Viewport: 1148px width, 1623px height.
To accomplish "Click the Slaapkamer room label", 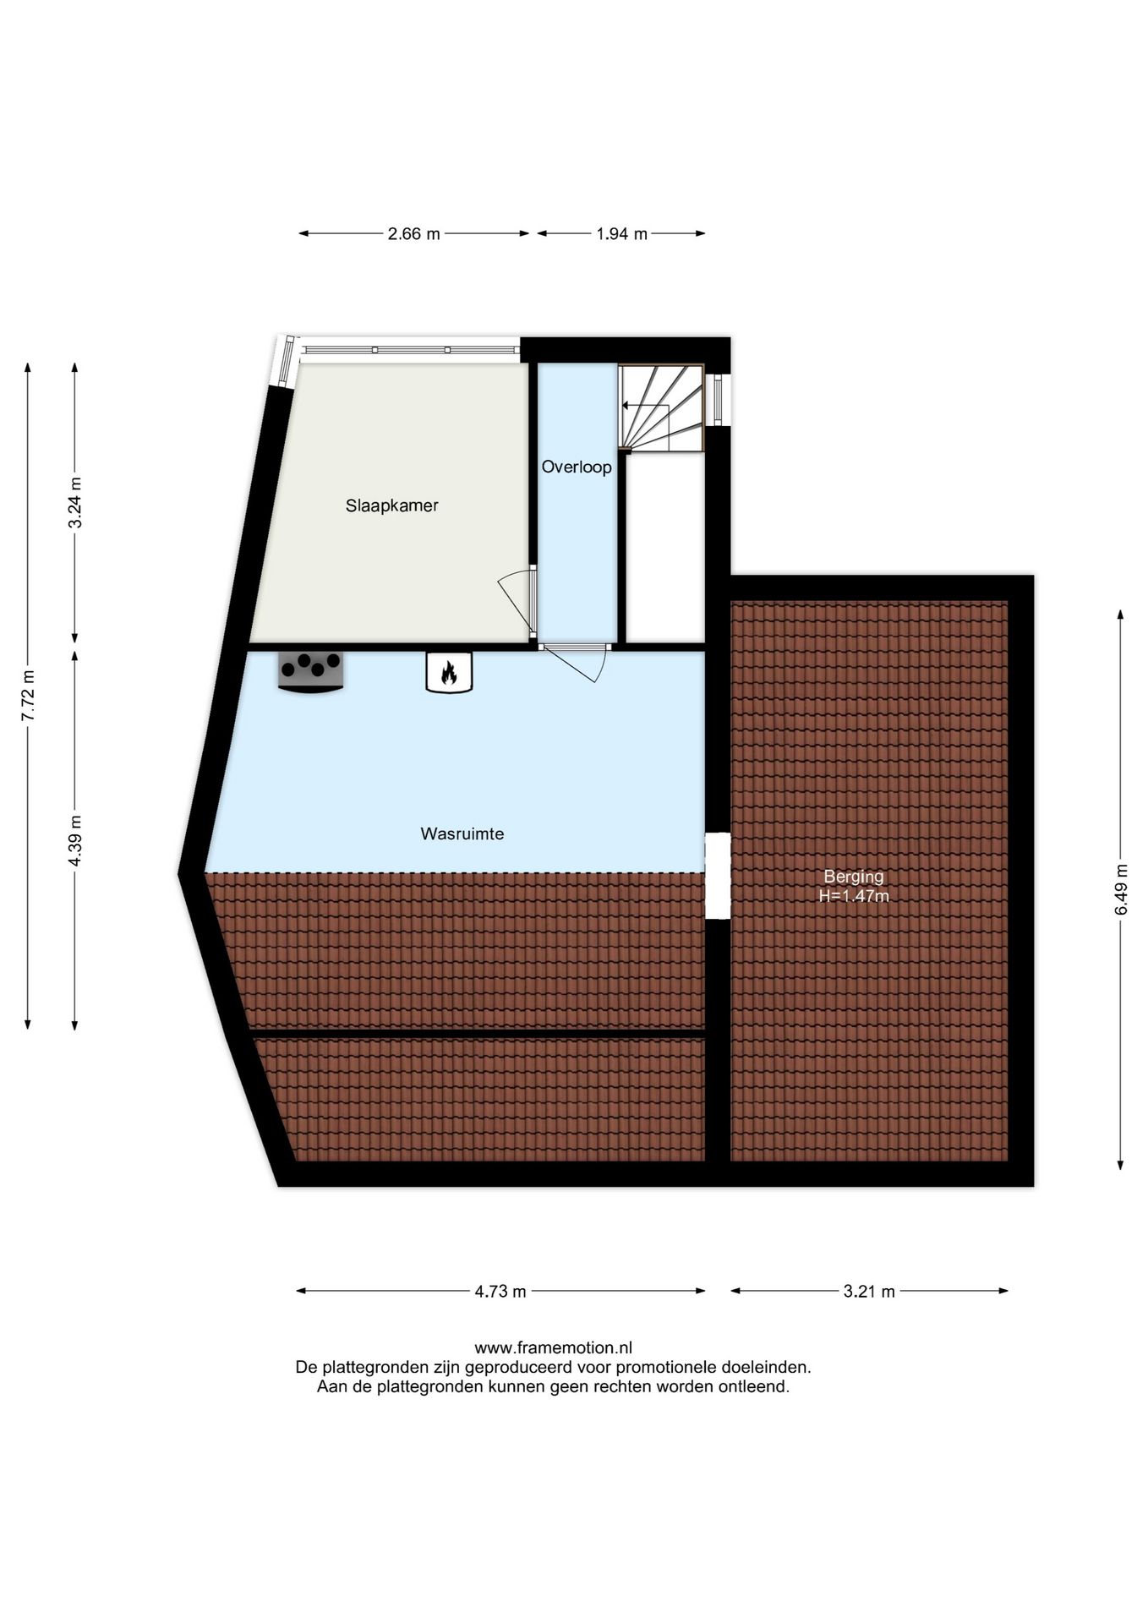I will pos(391,505).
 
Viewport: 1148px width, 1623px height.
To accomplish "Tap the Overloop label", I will pos(577,467).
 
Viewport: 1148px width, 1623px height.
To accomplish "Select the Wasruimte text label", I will pos(462,833).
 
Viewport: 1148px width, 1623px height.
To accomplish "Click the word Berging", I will pos(854,877).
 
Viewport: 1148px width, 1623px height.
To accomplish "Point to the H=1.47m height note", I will pos(854,896).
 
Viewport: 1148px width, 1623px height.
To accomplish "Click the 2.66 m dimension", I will pos(413,234).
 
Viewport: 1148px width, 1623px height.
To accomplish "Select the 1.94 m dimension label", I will pos(621,234).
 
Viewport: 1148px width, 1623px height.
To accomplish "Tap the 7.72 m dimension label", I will pos(28,696).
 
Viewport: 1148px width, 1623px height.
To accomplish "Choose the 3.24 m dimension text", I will pos(75,502).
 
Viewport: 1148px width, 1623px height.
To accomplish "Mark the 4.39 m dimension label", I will pos(75,840).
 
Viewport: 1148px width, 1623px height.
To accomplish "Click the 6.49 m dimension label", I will pos(1121,888).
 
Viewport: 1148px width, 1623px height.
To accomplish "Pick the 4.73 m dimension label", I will pos(500,1291).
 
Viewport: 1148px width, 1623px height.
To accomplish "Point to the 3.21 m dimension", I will pos(869,1291).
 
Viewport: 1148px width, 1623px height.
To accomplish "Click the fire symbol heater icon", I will pos(449,672).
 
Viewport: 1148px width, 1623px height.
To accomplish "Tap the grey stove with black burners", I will pos(311,671).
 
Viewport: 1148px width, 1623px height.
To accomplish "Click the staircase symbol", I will pos(661,407).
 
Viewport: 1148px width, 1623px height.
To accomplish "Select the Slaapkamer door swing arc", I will pos(515,601).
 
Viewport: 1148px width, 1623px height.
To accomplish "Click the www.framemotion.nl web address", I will pos(553,1347).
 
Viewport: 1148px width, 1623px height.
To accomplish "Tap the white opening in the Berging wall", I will pos(718,876).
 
